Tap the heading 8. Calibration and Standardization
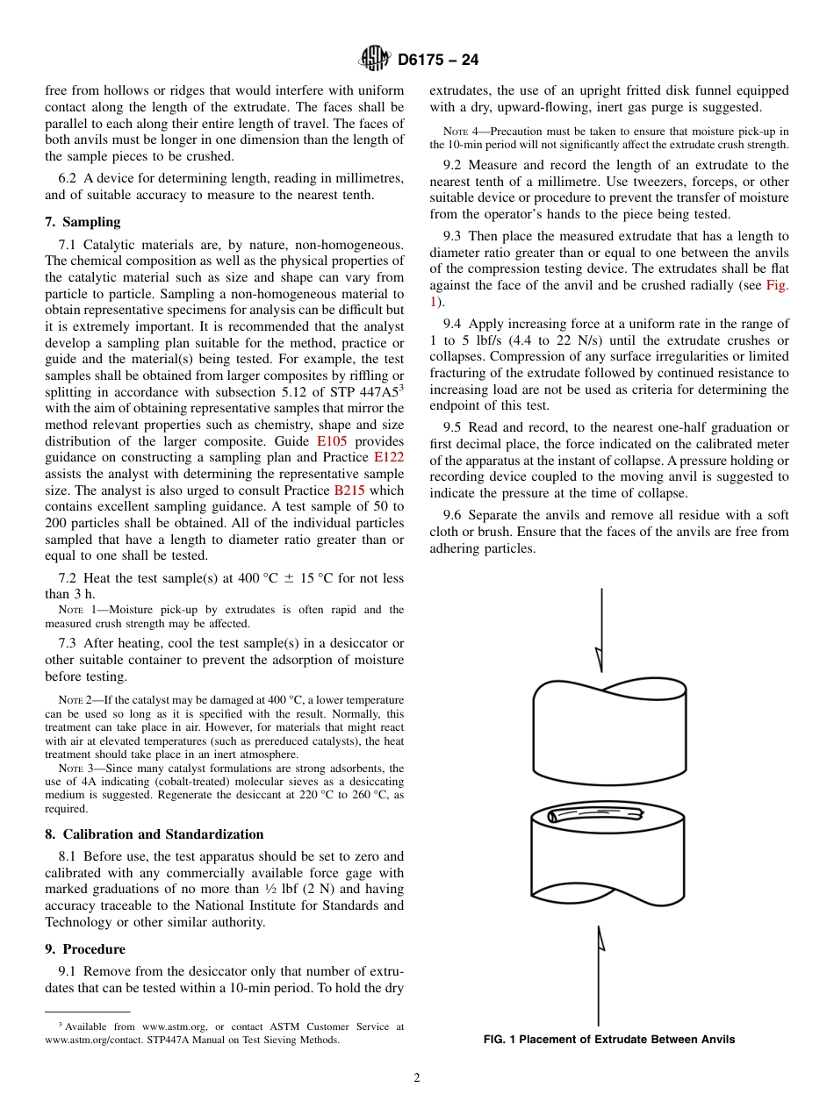coord(154,834)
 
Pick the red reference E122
coord(389,458)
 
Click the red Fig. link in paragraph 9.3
coord(777,285)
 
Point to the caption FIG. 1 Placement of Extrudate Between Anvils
coord(609,1040)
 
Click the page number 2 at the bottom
coord(417,1078)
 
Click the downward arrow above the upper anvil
coord(601,632)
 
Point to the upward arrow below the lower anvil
coord(600,974)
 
